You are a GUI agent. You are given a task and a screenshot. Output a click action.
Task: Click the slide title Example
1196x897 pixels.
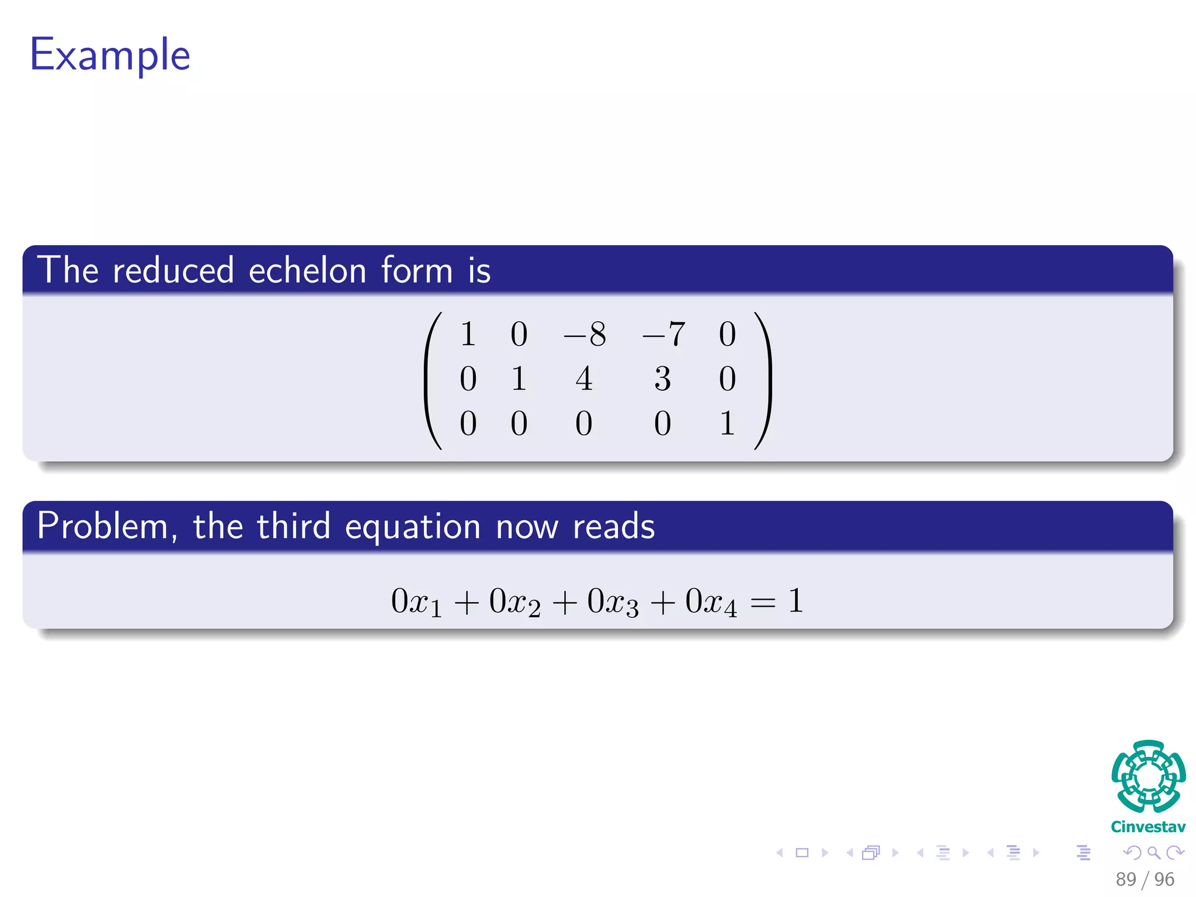(x=110, y=55)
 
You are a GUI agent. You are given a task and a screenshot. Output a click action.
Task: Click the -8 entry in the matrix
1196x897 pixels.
(x=585, y=335)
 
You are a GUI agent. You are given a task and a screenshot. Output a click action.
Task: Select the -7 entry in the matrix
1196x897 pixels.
(x=663, y=335)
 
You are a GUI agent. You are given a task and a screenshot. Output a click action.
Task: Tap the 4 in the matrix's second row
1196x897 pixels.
(x=584, y=379)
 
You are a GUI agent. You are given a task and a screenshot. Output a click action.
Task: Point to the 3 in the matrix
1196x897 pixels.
(x=662, y=379)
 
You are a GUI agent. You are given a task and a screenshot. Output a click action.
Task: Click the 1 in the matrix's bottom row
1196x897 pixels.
(x=727, y=423)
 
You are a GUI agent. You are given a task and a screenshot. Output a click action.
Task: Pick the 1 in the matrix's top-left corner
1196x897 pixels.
(x=468, y=335)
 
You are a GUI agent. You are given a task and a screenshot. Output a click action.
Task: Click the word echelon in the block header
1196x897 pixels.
(x=308, y=271)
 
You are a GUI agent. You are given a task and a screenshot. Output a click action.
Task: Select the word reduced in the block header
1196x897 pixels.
(x=173, y=271)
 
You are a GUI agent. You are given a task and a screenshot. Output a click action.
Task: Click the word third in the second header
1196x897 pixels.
(x=294, y=526)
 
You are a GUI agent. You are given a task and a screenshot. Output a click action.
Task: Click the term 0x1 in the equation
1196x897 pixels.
(x=416, y=602)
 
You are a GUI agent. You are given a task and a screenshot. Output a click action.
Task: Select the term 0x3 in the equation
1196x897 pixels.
(x=613, y=602)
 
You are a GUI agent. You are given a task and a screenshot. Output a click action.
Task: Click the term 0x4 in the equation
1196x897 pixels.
(x=711, y=602)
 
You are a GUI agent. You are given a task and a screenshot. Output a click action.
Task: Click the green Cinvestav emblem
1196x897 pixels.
(x=1148, y=776)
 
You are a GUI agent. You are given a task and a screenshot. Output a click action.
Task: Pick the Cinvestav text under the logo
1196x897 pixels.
(x=1148, y=827)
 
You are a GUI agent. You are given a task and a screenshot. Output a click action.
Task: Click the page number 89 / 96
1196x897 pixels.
(x=1145, y=879)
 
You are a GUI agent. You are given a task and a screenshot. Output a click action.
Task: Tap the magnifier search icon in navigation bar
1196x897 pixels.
(x=1153, y=853)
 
